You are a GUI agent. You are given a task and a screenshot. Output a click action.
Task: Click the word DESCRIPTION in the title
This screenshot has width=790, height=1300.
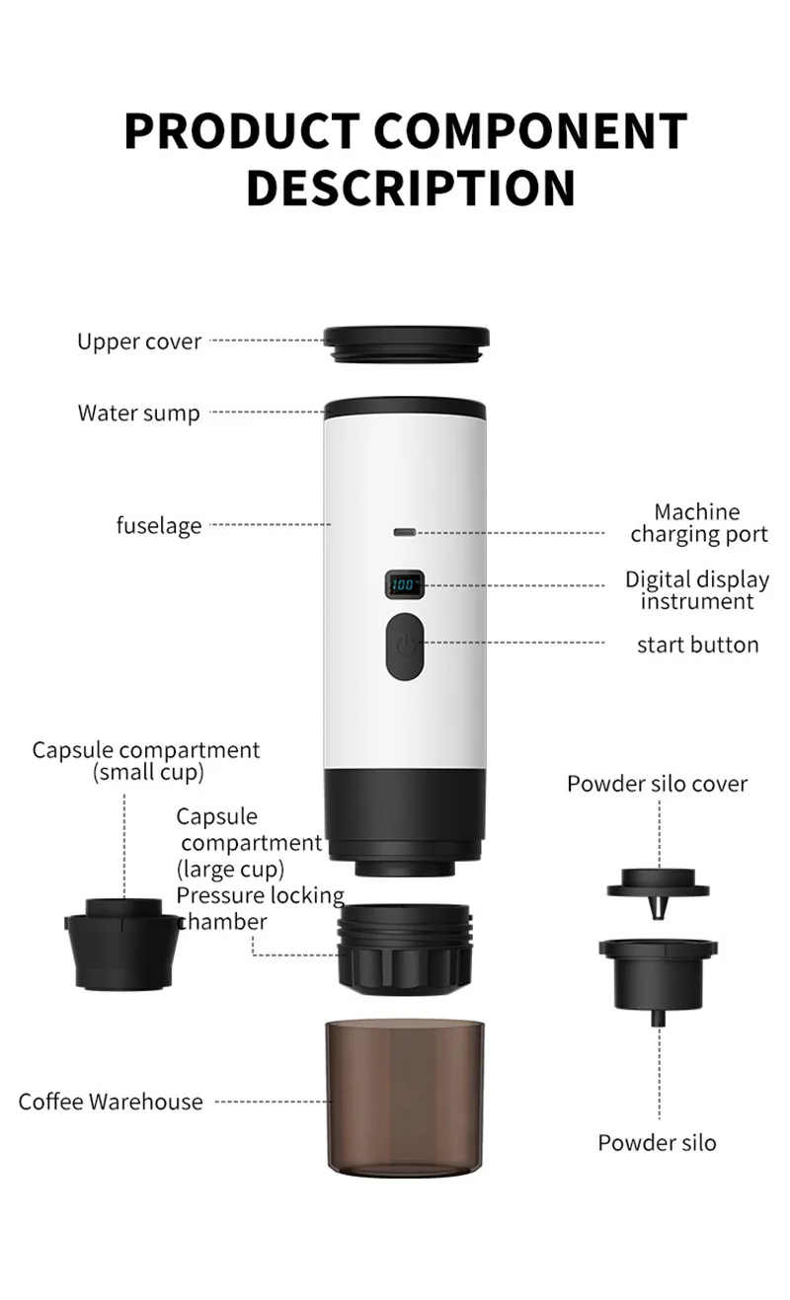[x=411, y=188]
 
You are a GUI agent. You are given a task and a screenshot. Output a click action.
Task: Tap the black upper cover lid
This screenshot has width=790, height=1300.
[x=406, y=344]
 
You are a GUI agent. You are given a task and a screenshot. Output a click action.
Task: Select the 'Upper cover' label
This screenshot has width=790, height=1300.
[x=139, y=342]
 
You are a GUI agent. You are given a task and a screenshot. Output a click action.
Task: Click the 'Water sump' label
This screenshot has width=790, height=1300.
[x=138, y=414]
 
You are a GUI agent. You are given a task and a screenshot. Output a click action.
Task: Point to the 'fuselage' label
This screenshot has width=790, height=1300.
[x=159, y=525]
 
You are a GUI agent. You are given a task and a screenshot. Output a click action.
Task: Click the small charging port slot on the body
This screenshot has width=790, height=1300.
[x=405, y=532]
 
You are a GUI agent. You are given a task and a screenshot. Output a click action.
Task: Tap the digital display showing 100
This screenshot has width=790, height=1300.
[x=405, y=584]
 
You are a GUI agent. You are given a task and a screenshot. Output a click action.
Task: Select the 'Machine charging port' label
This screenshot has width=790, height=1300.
[x=698, y=523]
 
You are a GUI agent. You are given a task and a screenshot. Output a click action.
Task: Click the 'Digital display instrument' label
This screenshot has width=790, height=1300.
[x=697, y=590]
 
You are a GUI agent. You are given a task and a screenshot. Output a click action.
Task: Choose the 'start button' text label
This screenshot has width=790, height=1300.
[x=698, y=645]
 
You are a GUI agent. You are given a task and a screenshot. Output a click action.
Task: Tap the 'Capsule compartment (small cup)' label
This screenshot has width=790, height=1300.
[x=146, y=761]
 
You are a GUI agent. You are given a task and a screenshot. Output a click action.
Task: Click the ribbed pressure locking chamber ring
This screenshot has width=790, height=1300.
[x=405, y=949]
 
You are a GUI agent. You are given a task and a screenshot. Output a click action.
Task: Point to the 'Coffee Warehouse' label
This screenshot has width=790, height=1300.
[x=111, y=1102]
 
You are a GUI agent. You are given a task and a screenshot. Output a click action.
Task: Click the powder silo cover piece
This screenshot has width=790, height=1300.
[x=659, y=890]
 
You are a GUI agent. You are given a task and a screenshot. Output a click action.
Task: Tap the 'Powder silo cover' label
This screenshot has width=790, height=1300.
[x=657, y=784]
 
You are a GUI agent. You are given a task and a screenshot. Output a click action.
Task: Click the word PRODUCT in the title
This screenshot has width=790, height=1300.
[x=242, y=131]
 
